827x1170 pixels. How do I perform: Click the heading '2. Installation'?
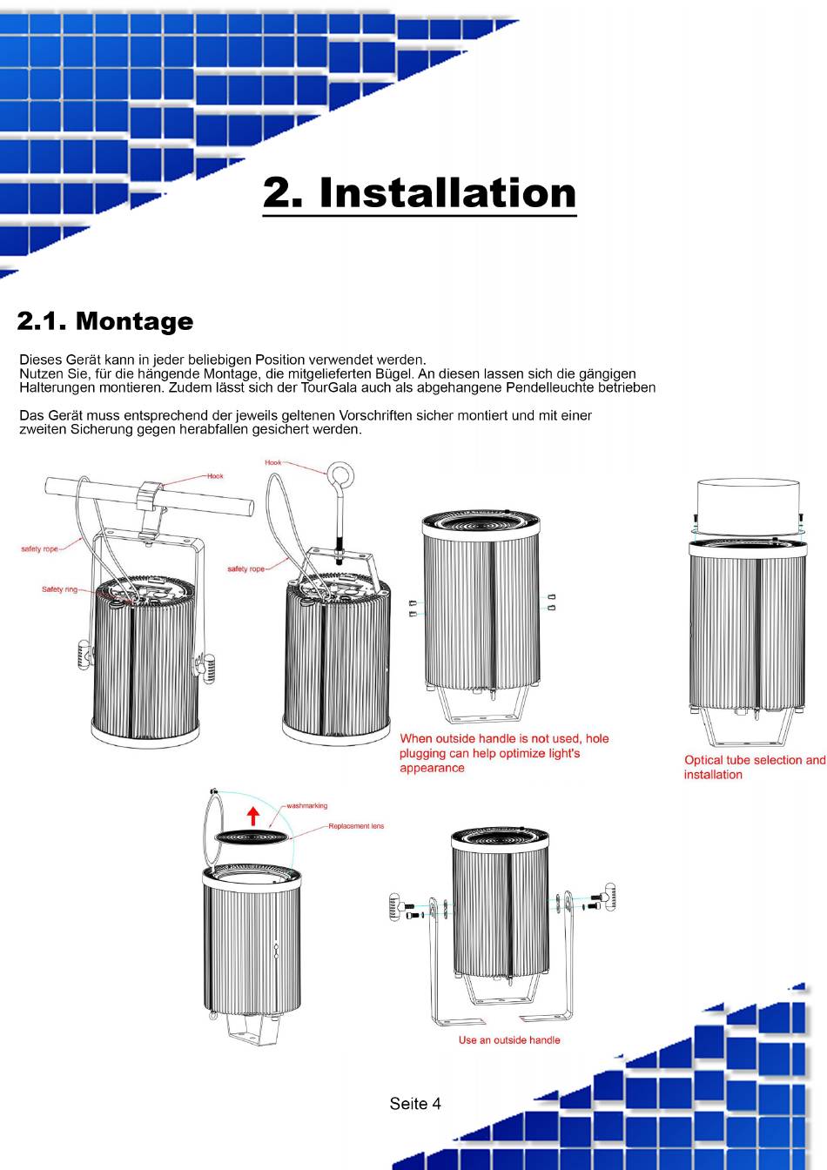click(419, 192)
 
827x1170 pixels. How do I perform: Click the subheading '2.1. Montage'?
click(105, 320)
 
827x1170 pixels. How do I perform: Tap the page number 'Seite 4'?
click(415, 1104)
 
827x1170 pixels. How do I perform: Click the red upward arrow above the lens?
click(253, 816)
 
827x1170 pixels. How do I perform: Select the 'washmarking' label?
click(306, 805)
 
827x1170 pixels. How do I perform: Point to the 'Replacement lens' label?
click(356, 826)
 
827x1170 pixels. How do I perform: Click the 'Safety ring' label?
click(59, 589)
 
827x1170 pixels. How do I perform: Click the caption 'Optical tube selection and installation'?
click(755, 767)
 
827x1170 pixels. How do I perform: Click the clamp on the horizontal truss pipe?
click(150, 509)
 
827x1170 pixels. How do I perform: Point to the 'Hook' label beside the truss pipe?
click(215, 476)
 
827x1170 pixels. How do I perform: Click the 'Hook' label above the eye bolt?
click(272, 462)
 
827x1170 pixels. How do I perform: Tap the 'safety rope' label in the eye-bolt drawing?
click(245, 568)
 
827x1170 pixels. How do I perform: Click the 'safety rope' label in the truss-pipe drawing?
click(40, 549)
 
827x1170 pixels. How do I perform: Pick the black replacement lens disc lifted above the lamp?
click(252, 837)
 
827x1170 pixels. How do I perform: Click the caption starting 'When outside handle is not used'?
click(504, 753)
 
